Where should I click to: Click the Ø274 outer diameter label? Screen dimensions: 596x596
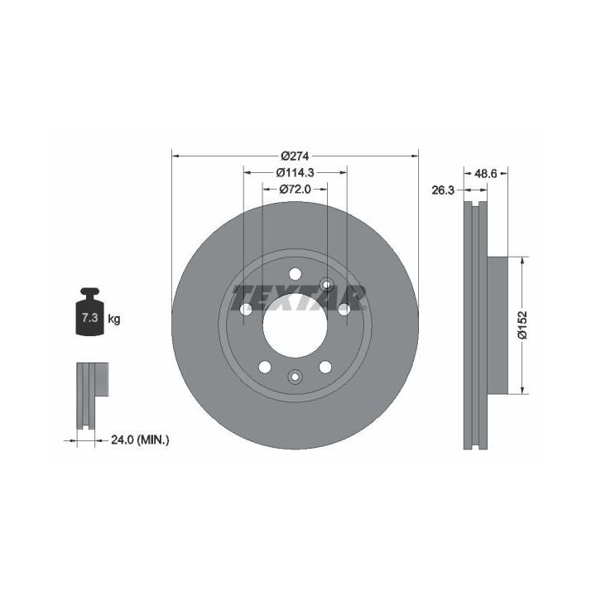point(295,156)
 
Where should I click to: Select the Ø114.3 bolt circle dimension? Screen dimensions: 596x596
point(295,172)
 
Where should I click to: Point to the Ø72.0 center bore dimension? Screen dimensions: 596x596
point(295,189)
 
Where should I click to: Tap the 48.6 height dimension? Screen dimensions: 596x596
point(486,173)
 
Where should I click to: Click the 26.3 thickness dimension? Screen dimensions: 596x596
point(443,190)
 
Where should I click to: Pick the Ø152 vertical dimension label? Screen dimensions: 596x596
point(523,324)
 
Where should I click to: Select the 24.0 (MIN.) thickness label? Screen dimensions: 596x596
point(140,440)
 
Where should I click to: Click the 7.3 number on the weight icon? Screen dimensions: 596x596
point(90,317)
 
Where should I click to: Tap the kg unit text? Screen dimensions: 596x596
point(114,319)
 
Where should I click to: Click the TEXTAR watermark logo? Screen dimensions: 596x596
point(299,298)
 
